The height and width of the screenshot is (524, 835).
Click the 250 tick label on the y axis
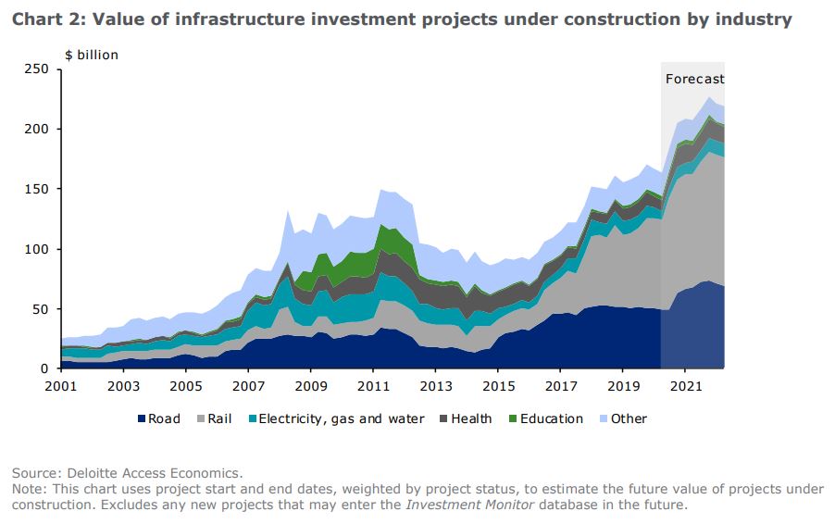[x=36, y=69]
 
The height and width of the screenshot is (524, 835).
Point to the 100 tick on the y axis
[x=36, y=249]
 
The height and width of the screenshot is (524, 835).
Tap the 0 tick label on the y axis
[x=44, y=369]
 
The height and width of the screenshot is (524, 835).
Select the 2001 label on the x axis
[x=60, y=385]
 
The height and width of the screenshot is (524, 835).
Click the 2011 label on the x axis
[x=373, y=385]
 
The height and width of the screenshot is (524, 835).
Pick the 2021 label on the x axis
[x=685, y=385]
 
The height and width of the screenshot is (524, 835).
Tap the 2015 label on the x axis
[x=498, y=385]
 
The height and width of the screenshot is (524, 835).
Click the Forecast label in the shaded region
[x=694, y=80]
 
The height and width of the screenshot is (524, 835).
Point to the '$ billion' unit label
[x=92, y=55]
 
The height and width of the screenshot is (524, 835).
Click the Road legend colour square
[x=143, y=419]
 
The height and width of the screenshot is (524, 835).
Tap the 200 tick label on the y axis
[x=36, y=130]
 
